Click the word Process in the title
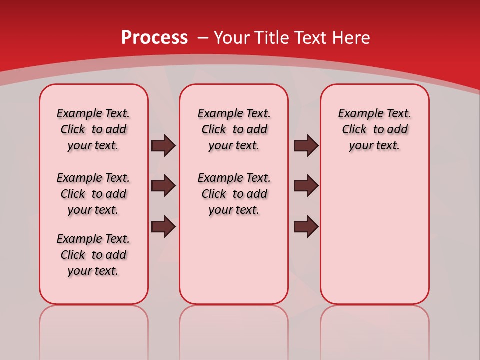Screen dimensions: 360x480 point(154,38)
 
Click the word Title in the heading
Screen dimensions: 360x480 point(272,38)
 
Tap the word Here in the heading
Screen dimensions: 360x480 point(352,38)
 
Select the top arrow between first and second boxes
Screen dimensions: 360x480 point(163,145)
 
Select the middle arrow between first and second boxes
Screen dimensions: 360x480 point(163,186)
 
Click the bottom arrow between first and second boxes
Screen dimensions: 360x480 point(163,226)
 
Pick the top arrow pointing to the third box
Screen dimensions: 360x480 point(306,145)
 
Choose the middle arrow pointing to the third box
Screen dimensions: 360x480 point(306,186)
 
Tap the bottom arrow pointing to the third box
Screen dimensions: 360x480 point(306,226)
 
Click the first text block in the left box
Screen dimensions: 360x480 point(93,129)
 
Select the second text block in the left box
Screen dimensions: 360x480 point(93,194)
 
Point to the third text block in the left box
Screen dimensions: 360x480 point(93,255)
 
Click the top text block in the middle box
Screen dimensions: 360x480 point(234,129)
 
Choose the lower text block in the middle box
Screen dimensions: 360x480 point(234,194)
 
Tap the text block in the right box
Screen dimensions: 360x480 point(375,129)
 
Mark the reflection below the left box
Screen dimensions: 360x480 point(94,330)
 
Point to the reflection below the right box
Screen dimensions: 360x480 point(375,330)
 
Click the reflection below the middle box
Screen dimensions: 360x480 point(234,330)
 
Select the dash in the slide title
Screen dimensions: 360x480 point(203,38)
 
